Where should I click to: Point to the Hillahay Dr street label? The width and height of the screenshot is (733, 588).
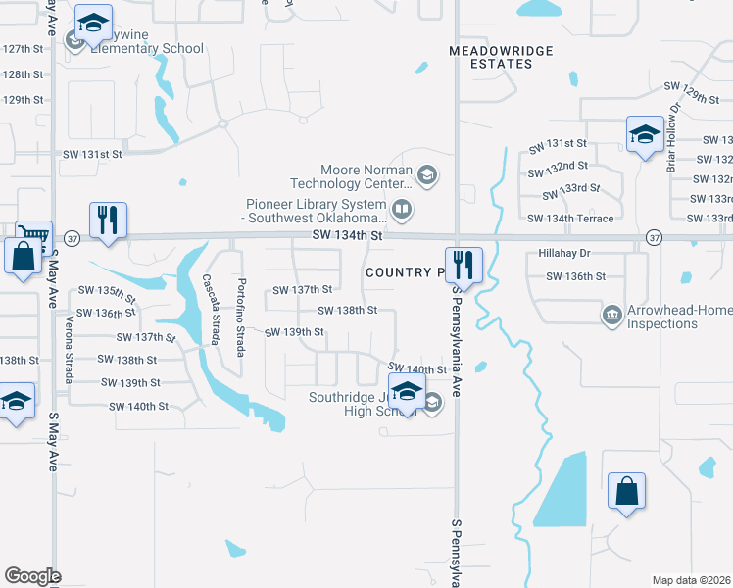pos(562,252)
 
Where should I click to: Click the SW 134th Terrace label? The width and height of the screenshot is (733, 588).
pos(570,219)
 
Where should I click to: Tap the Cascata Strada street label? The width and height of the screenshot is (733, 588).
pos(211,308)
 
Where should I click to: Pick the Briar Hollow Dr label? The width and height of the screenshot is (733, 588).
pos(673,138)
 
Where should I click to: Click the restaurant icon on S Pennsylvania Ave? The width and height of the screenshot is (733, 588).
pos(462,264)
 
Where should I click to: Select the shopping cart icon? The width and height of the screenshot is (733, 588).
pos(33,234)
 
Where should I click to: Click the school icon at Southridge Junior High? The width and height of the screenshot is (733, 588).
pos(406,391)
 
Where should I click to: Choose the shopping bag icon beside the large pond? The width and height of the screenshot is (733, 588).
pos(625,490)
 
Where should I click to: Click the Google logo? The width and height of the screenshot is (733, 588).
pos(32,575)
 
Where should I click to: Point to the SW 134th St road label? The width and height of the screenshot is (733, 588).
pos(345,236)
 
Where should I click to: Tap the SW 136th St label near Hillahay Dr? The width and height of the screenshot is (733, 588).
pos(572,276)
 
